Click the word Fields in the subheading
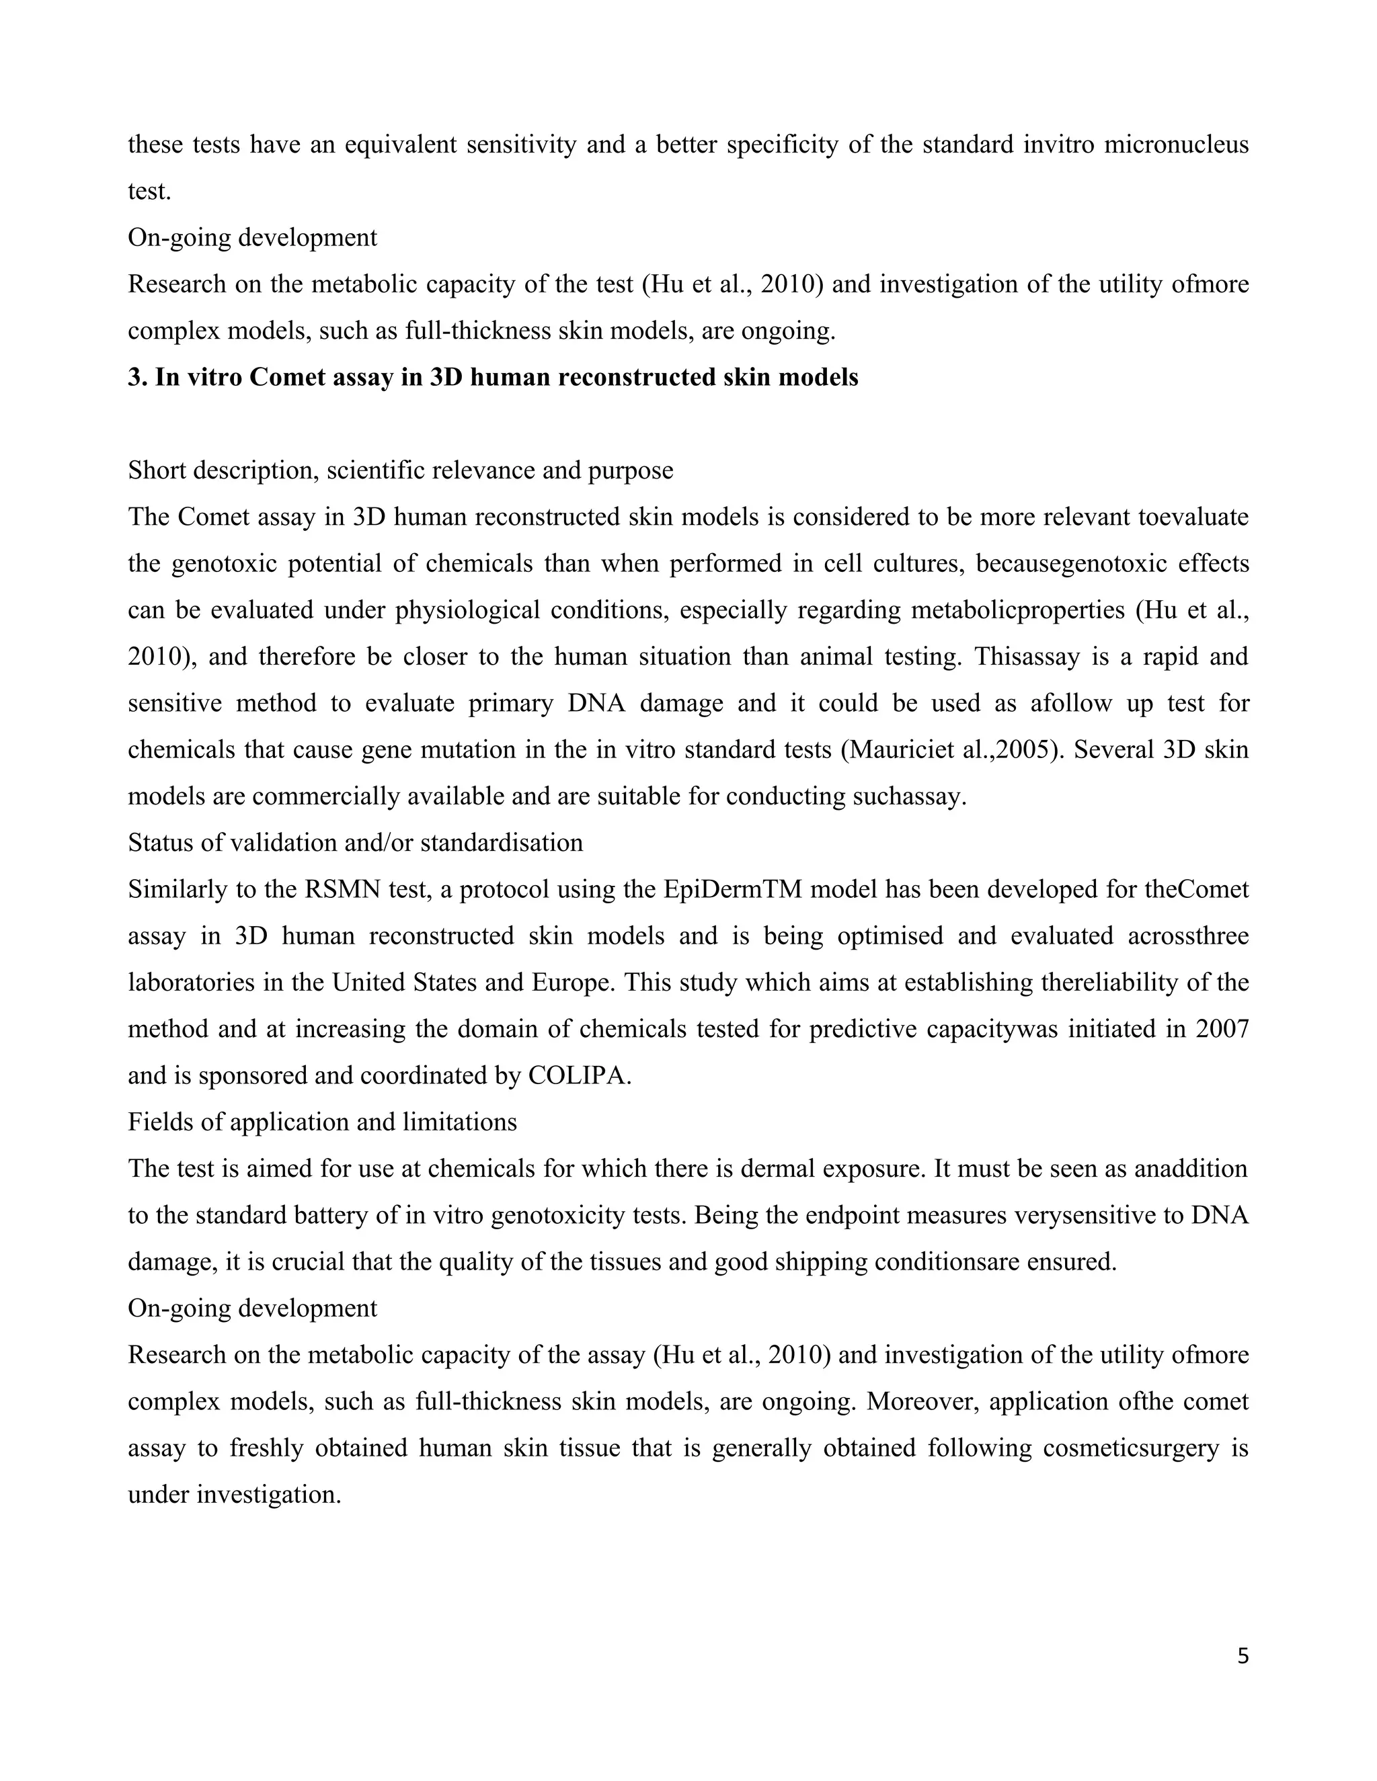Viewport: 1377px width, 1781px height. pyautogui.click(x=161, y=1122)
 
